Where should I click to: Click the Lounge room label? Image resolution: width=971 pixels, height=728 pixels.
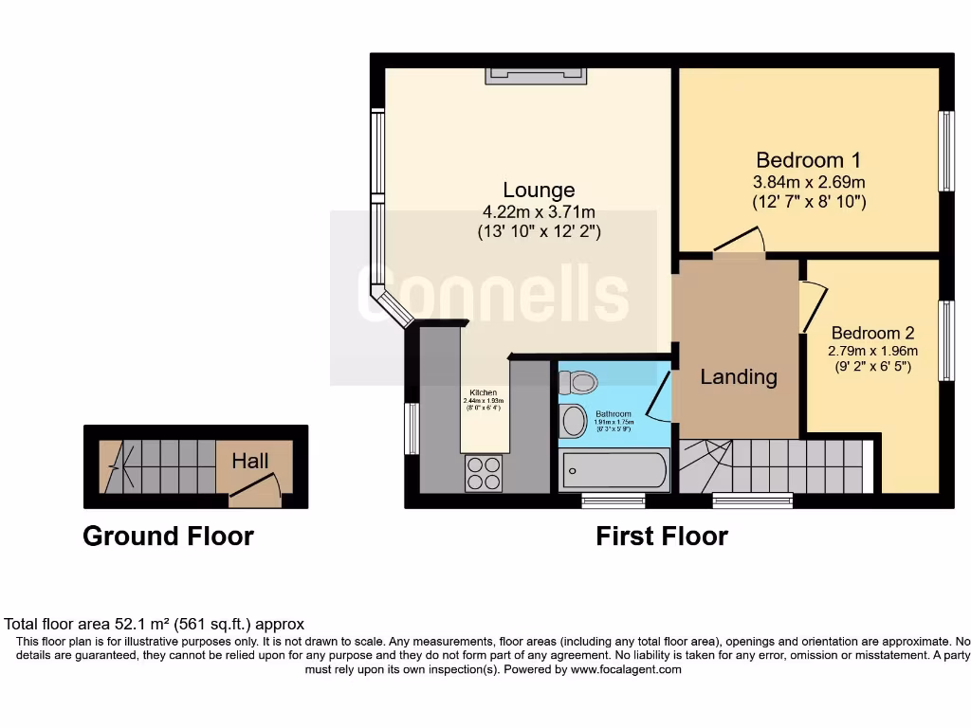click(539, 190)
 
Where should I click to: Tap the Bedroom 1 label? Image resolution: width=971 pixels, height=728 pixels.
click(808, 159)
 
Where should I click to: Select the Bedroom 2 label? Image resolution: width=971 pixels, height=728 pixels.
click(872, 333)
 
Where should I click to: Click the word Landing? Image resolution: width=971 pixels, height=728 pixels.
click(739, 376)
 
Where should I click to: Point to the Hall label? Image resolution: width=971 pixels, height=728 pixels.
click(250, 461)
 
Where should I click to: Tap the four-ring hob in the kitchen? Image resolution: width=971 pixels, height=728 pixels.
click(484, 473)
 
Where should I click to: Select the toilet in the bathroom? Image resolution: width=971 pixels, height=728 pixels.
click(578, 382)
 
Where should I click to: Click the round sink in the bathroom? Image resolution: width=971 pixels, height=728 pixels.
click(574, 420)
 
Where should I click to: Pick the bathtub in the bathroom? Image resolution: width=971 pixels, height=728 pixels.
click(614, 469)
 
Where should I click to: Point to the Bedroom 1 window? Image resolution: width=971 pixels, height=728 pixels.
click(945, 152)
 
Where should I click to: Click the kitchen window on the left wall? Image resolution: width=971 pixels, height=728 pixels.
click(412, 428)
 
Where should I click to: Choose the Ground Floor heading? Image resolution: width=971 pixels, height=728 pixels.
click(168, 536)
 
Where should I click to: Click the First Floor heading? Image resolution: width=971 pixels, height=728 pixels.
click(661, 536)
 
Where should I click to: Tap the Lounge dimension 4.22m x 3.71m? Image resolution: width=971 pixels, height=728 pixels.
click(539, 212)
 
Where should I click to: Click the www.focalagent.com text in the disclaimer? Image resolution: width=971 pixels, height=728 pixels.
click(626, 669)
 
